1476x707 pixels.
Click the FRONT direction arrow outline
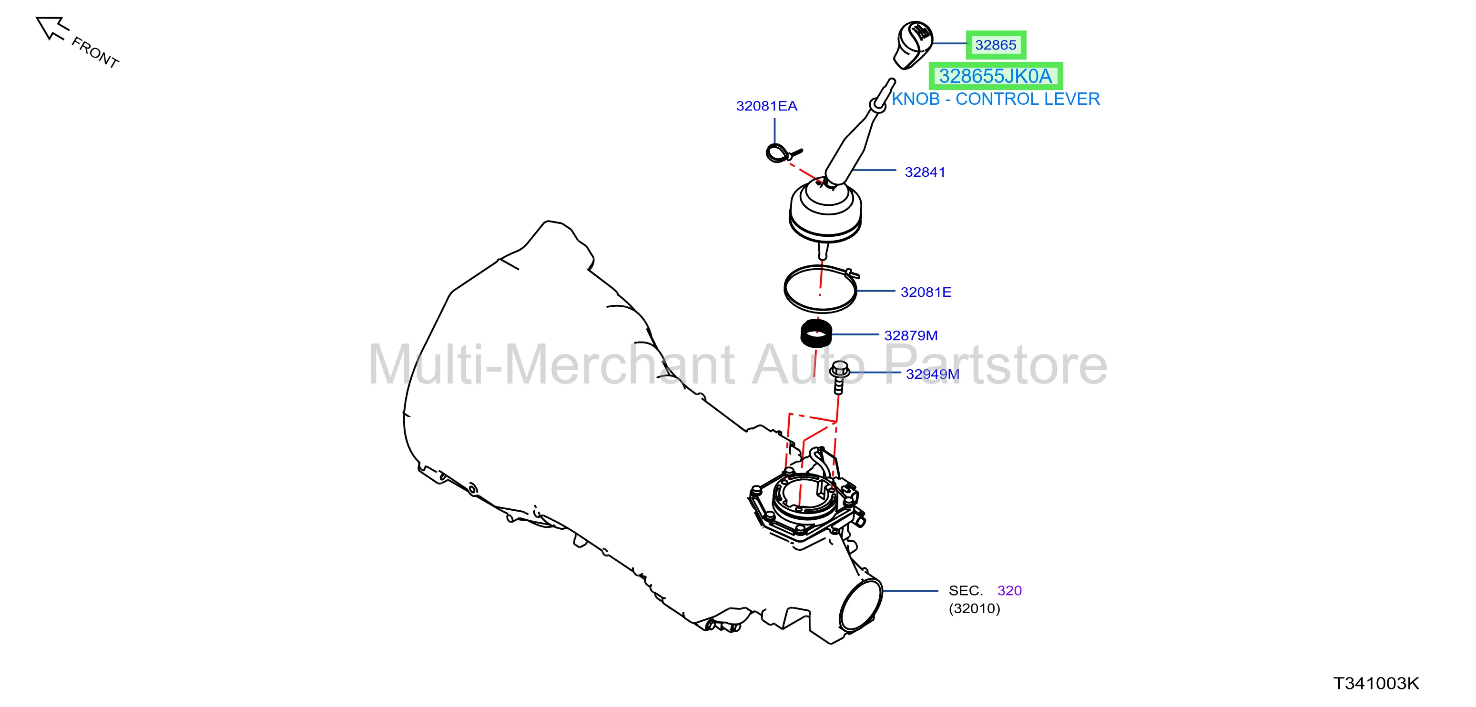pyautogui.click(x=51, y=28)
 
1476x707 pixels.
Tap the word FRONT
pyautogui.click(x=95, y=53)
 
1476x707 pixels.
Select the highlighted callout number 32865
pyautogui.click(x=996, y=45)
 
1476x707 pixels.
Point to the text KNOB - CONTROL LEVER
pyautogui.click(x=996, y=99)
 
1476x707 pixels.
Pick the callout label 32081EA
pyautogui.click(x=767, y=106)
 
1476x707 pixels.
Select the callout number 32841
pyautogui.click(x=925, y=172)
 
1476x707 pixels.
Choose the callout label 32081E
pyautogui.click(x=926, y=292)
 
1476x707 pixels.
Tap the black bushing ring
pyautogui.click(x=816, y=333)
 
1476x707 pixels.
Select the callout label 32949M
pyautogui.click(x=932, y=374)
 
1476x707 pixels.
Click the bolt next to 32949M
pyautogui.click(x=839, y=377)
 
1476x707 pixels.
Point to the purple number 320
pyautogui.click(x=1009, y=590)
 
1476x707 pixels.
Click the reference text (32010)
pyautogui.click(x=975, y=608)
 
